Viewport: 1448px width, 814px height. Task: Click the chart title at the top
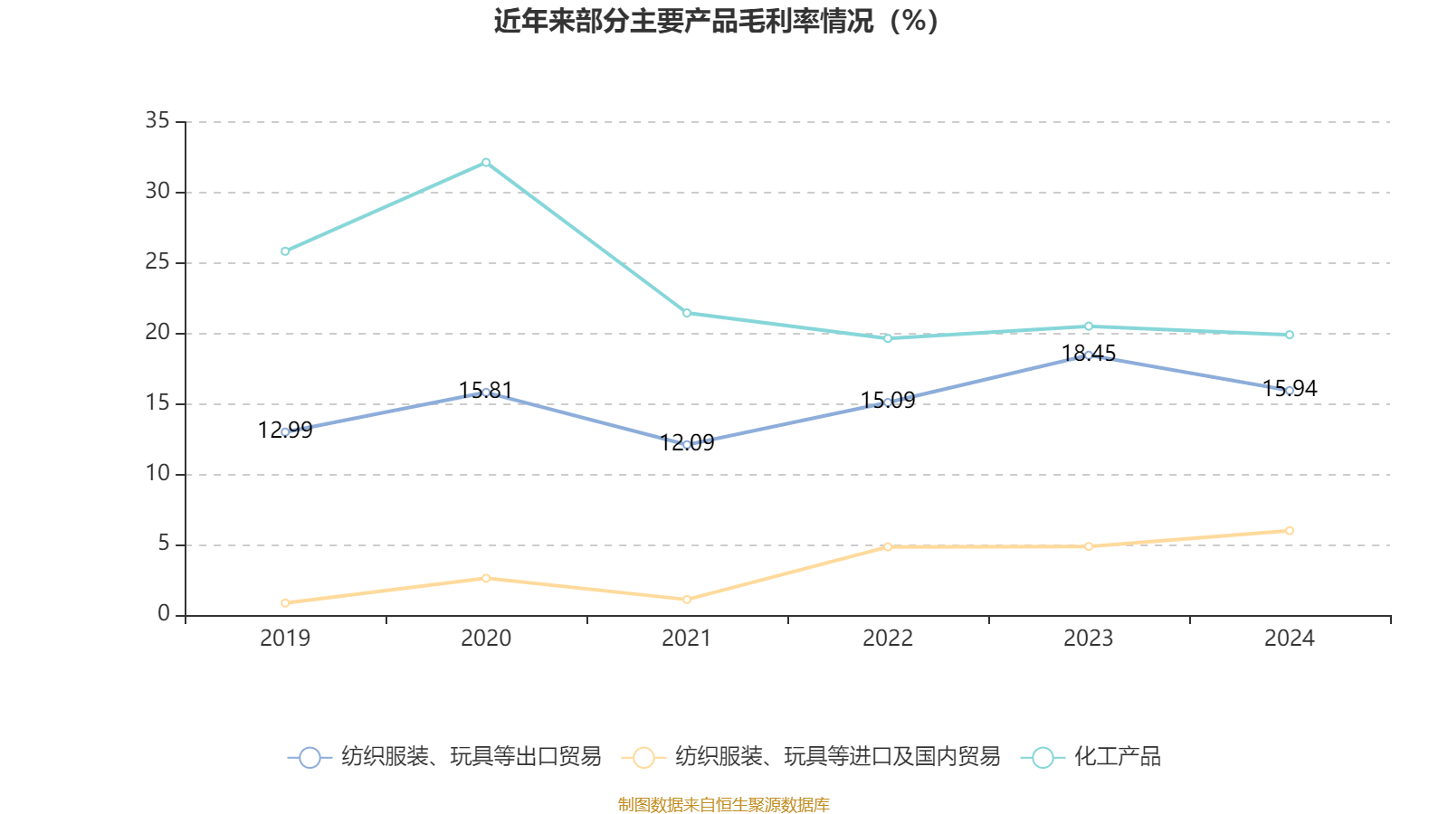tap(716, 21)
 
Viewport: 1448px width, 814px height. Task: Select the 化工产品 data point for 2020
tap(486, 163)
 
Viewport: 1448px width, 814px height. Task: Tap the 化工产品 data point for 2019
tap(285, 251)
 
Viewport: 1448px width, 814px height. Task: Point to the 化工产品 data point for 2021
tap(687, 313)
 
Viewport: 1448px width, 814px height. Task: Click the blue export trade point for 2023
tap(1089, 355)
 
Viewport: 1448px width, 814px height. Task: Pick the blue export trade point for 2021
tap(687, 444)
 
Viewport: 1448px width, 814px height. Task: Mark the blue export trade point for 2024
tap(1290, 391)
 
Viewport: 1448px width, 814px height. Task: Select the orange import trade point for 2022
tap(888, 546)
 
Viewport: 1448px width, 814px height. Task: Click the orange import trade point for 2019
tap(285, 602)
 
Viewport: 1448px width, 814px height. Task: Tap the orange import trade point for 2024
tap(1290, 531)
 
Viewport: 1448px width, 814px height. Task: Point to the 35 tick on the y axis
tap(157, 120)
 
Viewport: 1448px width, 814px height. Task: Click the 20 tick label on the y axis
tap(157, 332)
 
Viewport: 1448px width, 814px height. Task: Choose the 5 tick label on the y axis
tap(164, 544)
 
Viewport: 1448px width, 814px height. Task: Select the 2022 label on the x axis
tap(888, 639)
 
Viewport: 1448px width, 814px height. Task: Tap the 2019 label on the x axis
tap(285, 639)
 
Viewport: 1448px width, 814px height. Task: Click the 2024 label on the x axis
tap(1290, 639)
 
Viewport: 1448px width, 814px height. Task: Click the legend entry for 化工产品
tap(1117, 757)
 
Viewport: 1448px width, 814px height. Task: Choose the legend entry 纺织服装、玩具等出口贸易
tap(471, 757)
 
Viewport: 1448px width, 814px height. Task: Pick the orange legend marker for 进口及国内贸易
tap(643, 758)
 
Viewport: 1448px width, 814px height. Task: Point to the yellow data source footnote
tap(724, 804)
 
